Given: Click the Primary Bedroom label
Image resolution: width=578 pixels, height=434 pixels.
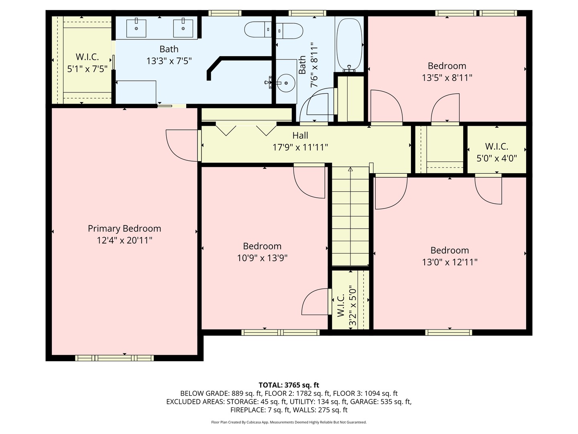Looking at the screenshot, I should (124, 229).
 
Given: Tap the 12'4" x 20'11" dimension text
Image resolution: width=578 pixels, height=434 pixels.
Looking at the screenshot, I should (124, 240).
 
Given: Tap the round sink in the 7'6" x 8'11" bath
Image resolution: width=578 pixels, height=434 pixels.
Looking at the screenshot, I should (286, 83).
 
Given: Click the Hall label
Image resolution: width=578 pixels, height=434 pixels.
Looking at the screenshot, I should (300, 135).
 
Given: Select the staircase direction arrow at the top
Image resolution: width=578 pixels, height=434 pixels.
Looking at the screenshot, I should (350, 170).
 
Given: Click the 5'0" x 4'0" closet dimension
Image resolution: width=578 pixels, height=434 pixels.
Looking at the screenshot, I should (497, 158).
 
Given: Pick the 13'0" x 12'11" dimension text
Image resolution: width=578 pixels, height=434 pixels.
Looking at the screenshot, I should (450, 262).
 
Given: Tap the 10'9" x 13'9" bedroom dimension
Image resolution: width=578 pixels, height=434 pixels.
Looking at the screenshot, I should (262, 258).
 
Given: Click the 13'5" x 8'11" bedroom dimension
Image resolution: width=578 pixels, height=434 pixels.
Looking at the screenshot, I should (447, 78).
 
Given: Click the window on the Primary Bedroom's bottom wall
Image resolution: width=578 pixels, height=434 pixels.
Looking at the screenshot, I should (114, 358).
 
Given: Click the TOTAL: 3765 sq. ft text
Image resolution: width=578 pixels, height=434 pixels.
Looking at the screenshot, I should (289, 385).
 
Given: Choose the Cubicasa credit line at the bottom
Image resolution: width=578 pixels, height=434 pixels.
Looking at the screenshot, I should (289, 422).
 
